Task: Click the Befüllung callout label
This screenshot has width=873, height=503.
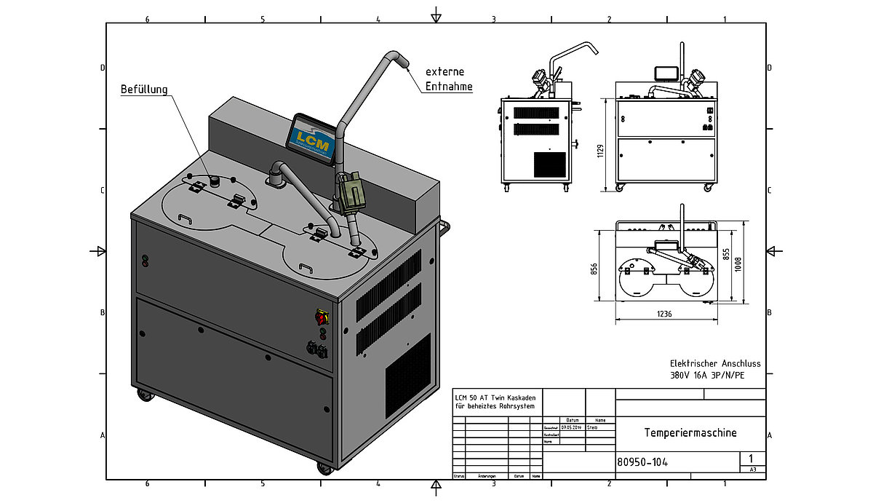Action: (x=144, y=90)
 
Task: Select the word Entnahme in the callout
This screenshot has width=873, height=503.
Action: (x=449, y=87)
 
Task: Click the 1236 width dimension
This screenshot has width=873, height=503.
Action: (x=663, y=314)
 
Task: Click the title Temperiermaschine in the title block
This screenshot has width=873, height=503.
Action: (x=690, y=432)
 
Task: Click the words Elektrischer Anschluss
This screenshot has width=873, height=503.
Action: (x=714, y=363)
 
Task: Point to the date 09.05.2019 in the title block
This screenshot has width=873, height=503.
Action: (x=573, y=427)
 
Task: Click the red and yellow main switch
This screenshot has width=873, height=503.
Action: (x=322, y=317)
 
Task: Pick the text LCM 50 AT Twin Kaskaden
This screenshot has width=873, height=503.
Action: (x=495, y=397)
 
